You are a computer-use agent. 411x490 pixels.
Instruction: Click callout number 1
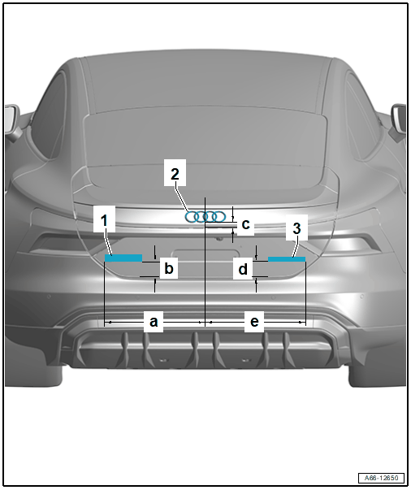coord(104,220)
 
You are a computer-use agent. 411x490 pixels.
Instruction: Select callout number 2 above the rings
coord(175,174)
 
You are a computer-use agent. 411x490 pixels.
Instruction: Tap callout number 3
coord(296,228)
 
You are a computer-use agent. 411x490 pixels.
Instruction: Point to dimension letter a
coord(154,322)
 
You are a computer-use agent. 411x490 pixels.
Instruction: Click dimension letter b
coord(169,268)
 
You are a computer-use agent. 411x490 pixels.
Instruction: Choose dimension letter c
coord(246,224)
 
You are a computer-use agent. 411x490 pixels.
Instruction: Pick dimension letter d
coord(243,269)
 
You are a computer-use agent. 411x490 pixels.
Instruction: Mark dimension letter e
coord(254,322)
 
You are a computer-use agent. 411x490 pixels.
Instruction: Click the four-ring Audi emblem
coord(205,217)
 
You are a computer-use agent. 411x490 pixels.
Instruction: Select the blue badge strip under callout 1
coord(123,258)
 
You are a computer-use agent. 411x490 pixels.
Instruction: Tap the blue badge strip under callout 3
coord(287,259)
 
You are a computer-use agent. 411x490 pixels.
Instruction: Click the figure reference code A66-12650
coord(381,478)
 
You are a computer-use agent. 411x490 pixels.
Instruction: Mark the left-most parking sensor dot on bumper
coord(49,296)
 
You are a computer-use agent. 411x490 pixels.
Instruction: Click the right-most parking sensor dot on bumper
coord(361,295)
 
